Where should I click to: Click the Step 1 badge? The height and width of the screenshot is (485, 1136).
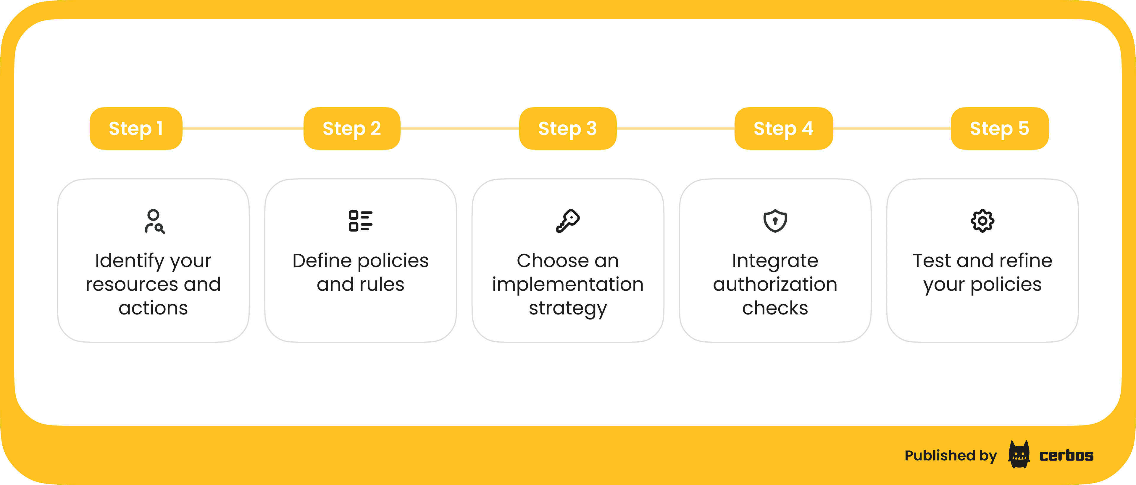pyautogui.click(x=136, y=129)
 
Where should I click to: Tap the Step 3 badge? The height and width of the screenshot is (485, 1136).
pyautogui.click(x=568, y=129)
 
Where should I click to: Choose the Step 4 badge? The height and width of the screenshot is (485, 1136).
pyautogui.click(x=784, y=129)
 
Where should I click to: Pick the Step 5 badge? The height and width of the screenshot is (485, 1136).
pyautogui.click(x=1000, y=129)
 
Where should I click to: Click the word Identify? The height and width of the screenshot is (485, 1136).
pyautogui.click(x=130, y=261)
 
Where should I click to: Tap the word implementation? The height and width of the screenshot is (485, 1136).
pyautogui.click(x=568, y=285)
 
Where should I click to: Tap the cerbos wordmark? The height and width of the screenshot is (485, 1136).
pyautogui.click(x=1066, y=455)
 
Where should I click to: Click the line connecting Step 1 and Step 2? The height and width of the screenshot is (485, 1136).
pyautogui.click(x=243, y=129)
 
